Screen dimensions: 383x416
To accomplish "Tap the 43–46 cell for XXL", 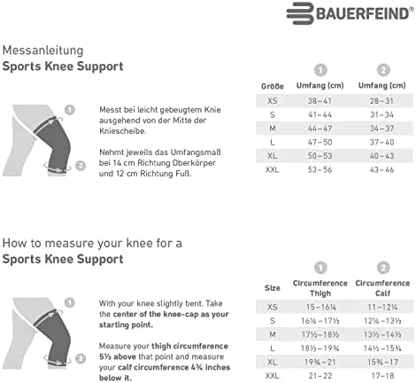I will [383, 168].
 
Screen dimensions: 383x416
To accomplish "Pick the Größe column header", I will [272, 85].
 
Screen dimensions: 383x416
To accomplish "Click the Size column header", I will [273, 288].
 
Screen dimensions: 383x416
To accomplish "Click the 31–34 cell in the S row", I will [383, 115].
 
